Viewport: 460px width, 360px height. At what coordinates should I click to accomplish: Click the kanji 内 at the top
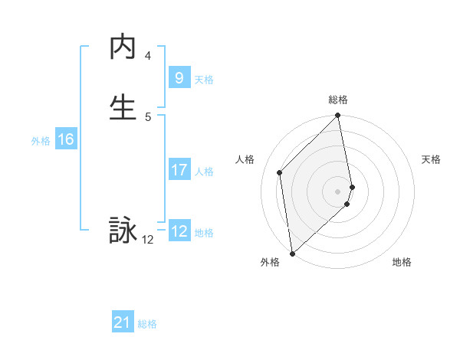(123, 47)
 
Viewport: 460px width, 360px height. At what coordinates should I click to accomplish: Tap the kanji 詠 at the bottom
(123, 231)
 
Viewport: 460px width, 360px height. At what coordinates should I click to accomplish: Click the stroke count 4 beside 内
(147, 56)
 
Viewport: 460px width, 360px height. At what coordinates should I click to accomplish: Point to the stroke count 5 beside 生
(147, 116)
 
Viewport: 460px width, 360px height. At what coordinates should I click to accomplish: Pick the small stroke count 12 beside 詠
(147, 240)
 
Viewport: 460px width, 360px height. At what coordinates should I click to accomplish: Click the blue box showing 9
(179, 78)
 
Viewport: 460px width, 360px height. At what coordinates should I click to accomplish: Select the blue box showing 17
(179, 170)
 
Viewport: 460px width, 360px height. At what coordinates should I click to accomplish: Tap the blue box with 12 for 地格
(179, 231)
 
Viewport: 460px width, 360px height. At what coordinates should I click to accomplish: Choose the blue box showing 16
(65, 139)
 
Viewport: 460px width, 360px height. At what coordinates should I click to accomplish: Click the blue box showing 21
(123, 323)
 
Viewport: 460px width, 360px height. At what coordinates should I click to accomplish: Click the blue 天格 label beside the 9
(204, 80)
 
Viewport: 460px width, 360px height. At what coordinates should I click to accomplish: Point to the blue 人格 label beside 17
(204, 172)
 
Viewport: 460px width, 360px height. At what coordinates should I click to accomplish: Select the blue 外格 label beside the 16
(41, 141)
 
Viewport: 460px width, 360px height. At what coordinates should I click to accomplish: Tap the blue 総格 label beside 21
(147, 325)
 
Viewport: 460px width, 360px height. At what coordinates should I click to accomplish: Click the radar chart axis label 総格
(338, 100)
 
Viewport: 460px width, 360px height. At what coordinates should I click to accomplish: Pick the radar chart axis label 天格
(431, 159)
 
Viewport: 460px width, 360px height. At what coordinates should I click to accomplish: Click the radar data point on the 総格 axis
(338, 116)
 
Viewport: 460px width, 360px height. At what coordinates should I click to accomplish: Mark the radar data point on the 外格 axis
(291, 253)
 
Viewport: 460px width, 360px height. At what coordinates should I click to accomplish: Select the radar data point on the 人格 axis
(280, 172)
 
